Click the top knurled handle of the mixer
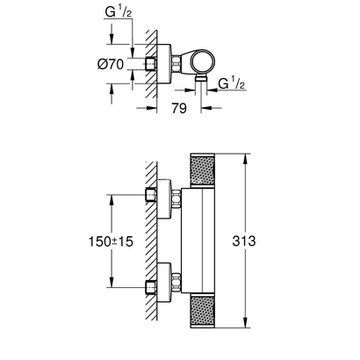click(x=207, y=174)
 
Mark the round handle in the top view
click(x=205, y=61)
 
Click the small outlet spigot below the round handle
click(x=203, y=80)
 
